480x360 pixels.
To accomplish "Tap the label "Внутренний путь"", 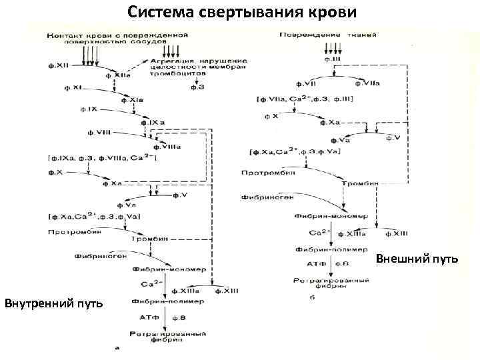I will [53, 304].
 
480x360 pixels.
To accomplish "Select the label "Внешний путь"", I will [417, 258].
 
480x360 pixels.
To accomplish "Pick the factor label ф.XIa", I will [131, 99].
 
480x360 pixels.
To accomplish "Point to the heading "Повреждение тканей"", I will [327, 34].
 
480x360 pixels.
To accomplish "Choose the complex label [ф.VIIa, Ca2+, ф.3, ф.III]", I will [305, 99].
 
